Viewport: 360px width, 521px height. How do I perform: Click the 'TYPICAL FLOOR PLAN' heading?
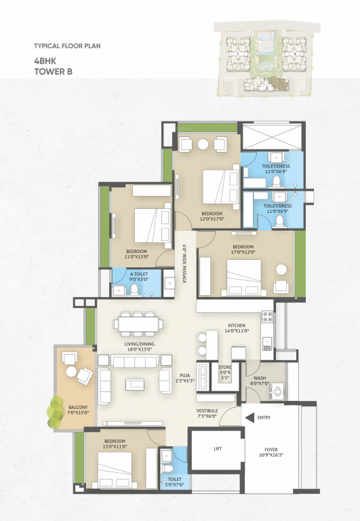pos(66,47)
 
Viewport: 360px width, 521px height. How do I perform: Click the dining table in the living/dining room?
pos(138,324)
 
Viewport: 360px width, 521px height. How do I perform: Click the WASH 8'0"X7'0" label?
pos(260,381)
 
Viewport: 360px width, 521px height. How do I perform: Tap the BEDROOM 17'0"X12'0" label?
pos(243,250)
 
